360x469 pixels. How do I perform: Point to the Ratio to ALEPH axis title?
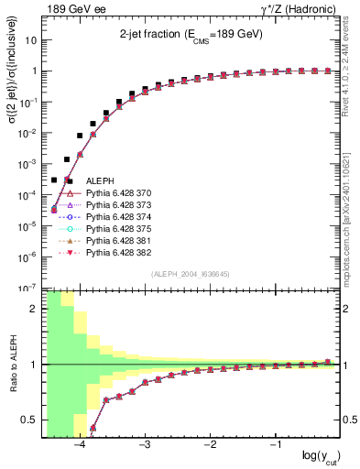point(11,364)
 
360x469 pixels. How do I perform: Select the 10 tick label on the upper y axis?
point(31,40)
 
